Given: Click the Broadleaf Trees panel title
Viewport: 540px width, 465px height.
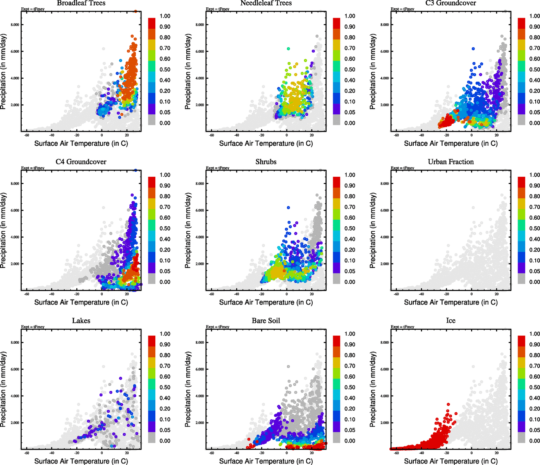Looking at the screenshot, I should [x=81, y=3].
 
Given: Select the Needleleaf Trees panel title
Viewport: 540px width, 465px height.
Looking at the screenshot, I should [x=266, y=3].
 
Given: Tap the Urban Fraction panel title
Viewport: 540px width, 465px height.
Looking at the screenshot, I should [x=451, y=162].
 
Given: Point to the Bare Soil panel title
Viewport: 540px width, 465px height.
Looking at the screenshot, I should [x=266, y=321].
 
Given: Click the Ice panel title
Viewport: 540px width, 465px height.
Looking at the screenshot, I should [x=451, y=321].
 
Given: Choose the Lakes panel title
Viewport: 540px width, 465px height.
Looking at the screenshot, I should [x=81, y=321].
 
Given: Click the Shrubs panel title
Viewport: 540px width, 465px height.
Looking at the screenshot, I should [x=266, y=162].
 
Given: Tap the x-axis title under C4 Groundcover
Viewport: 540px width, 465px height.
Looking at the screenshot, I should [x=81, y=302].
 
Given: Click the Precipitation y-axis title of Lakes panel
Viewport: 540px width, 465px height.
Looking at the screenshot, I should [x=3, y=389].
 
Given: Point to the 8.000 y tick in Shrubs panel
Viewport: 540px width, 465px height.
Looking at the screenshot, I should [x=199, y=184].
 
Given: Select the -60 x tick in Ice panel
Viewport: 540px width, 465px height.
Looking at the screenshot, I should [x=396, y=453].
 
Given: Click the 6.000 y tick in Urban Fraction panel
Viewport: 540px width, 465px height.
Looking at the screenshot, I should [x=384, y=210].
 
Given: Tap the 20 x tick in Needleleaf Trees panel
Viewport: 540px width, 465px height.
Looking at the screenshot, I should [x=312, y=135].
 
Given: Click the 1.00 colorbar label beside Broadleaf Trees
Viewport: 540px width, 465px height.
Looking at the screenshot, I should [x=165, y=16].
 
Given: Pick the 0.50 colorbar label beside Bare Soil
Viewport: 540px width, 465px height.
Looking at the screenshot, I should [x=350, y=387].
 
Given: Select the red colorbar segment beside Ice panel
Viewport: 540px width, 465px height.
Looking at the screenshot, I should [x=521, y=339].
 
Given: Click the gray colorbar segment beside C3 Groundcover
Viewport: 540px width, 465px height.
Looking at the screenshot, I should [x=521, y=120].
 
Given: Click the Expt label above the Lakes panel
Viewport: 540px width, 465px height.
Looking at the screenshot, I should [x=33, y=327].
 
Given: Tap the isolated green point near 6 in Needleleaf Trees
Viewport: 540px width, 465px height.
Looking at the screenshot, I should [x=288, y=48].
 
